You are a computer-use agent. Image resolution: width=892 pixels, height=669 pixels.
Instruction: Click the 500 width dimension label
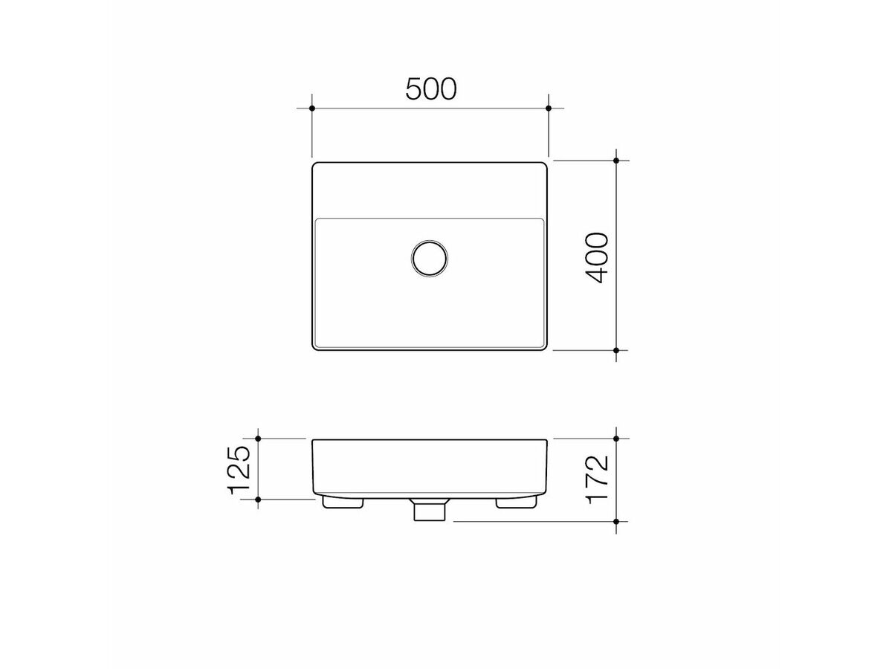[430, 89]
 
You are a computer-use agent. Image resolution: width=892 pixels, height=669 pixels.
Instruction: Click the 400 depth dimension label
[596, 257]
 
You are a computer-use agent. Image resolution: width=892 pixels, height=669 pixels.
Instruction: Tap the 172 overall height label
[596, 479]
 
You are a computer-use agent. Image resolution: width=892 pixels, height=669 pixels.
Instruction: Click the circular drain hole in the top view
[430, 257]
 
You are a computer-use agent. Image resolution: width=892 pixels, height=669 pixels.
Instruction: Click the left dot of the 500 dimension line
[312, 109]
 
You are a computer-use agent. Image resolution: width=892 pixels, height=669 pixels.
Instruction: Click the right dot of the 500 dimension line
[549, 109]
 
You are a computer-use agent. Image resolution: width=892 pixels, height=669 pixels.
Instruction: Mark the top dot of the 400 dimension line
[616, 161]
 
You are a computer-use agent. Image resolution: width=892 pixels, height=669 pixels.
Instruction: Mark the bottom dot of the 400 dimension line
[616, 349]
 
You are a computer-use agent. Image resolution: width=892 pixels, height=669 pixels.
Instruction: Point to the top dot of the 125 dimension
[258, 439]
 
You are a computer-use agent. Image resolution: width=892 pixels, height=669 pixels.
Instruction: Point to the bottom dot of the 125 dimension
[258, 500]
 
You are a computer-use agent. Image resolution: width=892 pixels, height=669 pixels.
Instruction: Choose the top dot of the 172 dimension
[616, 439]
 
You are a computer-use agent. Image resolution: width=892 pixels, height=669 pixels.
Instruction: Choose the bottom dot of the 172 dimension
[616, 522]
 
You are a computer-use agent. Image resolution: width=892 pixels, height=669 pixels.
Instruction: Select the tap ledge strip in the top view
[430, 190]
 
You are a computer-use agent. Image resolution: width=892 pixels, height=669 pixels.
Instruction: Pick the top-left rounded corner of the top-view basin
[315, 165]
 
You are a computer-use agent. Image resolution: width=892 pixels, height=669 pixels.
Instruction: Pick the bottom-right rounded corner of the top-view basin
[545, 346]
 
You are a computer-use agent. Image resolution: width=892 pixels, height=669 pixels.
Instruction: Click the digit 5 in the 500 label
[413, 89]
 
